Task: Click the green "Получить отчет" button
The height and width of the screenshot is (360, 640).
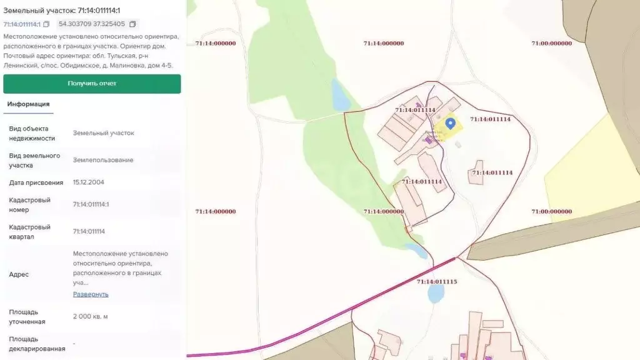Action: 92,84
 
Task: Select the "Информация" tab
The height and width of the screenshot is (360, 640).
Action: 28,104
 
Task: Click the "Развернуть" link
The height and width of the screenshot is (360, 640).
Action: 91,294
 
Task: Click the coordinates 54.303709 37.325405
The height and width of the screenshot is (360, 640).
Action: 91,24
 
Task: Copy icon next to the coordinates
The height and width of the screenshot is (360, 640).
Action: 132,24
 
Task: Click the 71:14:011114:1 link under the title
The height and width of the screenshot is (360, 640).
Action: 22,24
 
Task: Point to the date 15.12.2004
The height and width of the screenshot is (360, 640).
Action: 88,182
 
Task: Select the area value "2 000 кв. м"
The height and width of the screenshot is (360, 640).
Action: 90,316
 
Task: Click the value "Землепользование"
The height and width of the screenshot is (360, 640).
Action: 103,160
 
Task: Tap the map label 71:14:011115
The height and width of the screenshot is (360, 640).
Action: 437,282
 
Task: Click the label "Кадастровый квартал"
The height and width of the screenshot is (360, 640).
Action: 30,232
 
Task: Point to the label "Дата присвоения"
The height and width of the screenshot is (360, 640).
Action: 36,182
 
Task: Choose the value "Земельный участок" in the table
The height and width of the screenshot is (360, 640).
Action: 103,133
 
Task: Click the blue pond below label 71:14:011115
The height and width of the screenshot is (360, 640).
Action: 436,294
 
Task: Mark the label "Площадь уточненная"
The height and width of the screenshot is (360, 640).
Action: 27,316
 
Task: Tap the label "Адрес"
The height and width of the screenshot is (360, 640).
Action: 19,274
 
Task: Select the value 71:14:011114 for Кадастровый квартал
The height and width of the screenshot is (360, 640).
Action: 89,231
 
